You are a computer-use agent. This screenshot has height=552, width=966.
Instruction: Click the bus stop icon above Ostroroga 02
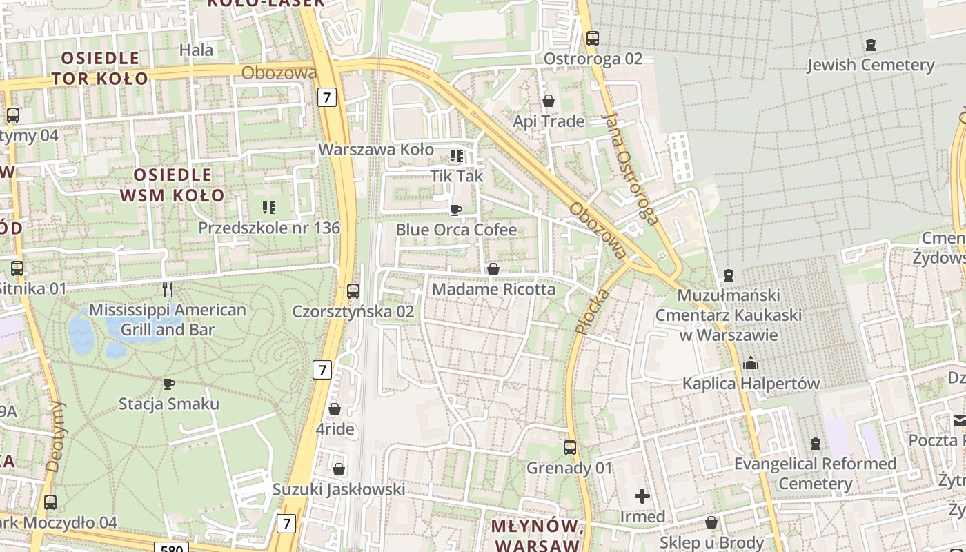point(592,39)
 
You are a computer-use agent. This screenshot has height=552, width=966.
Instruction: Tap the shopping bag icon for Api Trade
point(549,101)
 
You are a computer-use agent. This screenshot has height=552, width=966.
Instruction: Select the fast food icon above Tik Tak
point(456,156)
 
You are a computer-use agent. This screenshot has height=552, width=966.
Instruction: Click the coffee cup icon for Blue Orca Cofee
point(455,210)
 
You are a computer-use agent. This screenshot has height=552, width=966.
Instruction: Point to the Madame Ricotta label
point(493,289)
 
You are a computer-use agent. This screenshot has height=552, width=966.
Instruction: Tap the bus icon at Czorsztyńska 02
point(353,291)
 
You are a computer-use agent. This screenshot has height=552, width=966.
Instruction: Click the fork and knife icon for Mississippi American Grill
point(167,289)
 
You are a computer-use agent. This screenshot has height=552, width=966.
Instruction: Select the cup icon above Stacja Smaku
point(168,384)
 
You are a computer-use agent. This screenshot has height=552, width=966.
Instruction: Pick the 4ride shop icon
point(335,410)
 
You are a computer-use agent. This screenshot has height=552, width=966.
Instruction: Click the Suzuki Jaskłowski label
point(338,489)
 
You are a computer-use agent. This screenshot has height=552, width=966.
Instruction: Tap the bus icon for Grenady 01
point(569,448)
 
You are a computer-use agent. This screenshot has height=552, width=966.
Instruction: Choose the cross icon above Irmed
point(642,496)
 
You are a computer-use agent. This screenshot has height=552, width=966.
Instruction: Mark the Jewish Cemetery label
point(870,65)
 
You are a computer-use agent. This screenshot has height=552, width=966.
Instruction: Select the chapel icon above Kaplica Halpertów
point(751,363)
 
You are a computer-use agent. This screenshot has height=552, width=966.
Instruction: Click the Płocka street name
point(592,312)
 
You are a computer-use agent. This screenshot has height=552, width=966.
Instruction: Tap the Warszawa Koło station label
point(376,150)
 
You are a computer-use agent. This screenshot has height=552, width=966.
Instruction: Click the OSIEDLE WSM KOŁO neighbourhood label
point(172,185)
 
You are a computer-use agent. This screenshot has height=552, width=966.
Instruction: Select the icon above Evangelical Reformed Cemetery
point(816,443)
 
